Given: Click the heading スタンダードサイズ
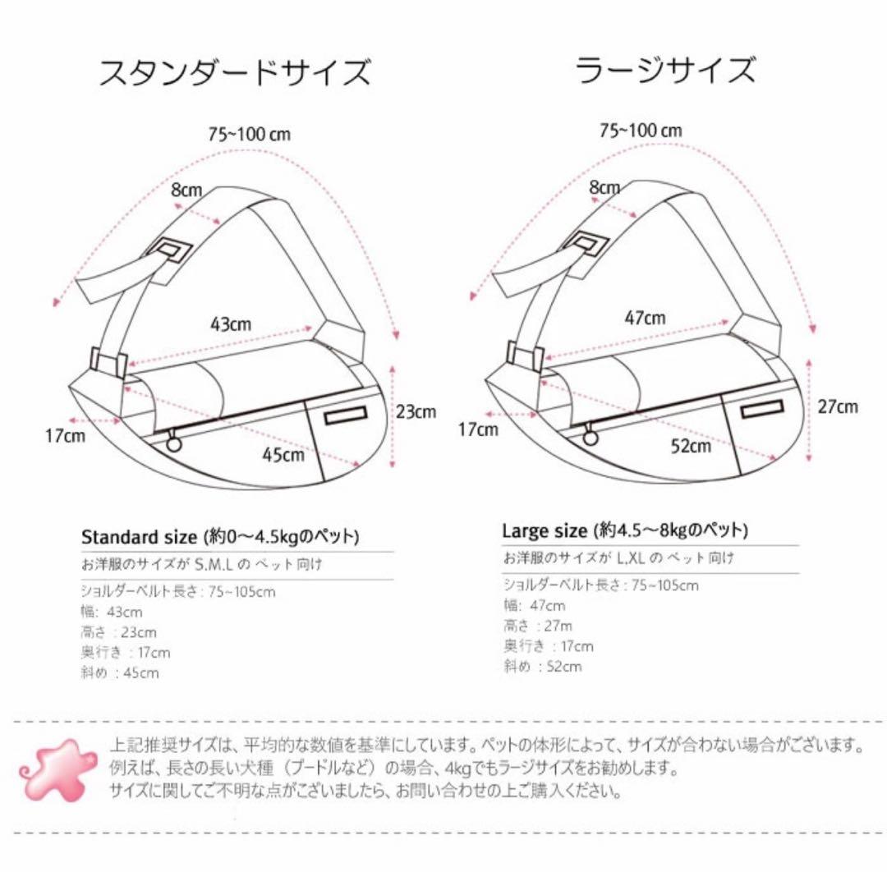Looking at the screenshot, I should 234,72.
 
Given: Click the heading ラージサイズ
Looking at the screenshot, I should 664,70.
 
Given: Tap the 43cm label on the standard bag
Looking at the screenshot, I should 231,324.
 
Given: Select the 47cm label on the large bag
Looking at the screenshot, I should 645,318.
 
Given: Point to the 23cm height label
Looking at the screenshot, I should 416,411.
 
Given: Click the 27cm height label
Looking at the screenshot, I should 838,406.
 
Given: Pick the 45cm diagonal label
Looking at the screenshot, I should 283,454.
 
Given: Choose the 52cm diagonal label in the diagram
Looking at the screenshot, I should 691,446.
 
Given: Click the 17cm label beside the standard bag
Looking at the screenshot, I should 65,436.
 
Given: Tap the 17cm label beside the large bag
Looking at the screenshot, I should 478,428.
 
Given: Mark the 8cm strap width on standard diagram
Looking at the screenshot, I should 186,190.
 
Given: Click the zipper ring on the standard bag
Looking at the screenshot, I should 174,443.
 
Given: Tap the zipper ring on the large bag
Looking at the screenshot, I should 590,438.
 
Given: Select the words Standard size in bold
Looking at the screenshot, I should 139,538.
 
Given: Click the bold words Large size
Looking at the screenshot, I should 545,530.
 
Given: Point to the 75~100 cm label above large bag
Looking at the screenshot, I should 641,130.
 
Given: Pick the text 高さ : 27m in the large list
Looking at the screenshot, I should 538,626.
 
